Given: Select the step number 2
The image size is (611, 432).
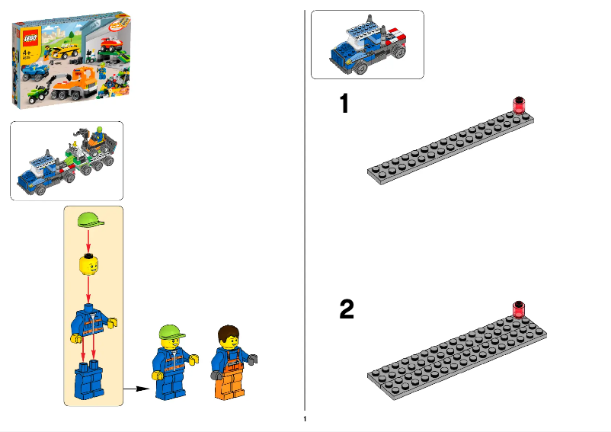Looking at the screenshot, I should [x=347, y=309].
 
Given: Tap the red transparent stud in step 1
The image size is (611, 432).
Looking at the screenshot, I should [x=520, y=104].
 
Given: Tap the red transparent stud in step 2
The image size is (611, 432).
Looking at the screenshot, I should [x=520, y=309].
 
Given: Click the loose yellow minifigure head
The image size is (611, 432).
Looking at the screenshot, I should [x=90, y=266].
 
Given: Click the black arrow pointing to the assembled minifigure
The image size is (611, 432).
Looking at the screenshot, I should [x=136, y=388].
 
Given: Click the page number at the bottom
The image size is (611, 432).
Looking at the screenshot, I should [x=305, y=419].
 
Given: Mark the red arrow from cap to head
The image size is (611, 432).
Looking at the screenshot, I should [x=90, y=242].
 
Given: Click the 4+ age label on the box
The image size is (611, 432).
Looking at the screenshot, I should [x=24, y=54].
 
